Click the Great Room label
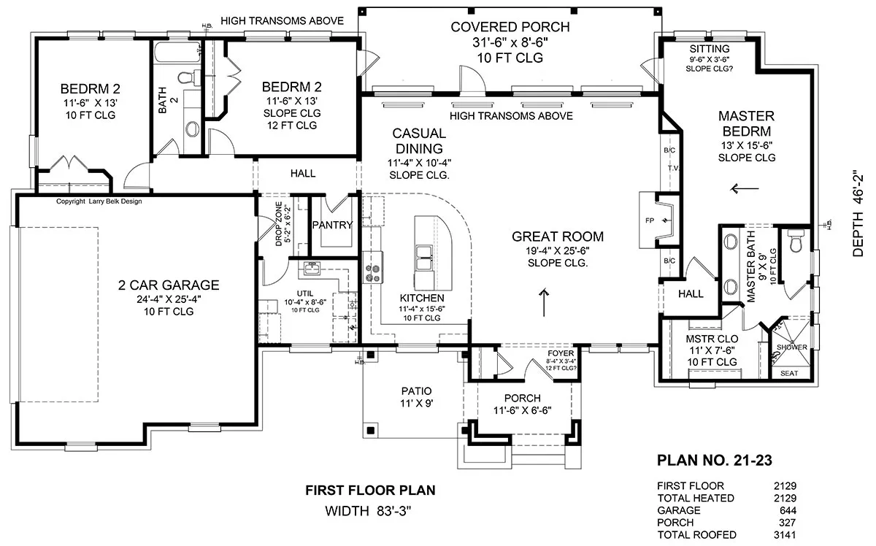(558, 237)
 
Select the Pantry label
(332, 225)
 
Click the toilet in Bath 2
(188, 77)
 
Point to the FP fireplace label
(650, 220)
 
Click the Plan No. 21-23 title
(715, 461)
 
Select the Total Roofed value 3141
(785, 534)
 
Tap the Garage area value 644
(788, 510)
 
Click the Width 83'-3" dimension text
(369, 511)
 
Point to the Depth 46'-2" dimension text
(858, 214)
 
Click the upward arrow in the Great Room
(544, 302)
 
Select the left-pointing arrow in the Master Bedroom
(745, 189)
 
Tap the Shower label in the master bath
(791, 347)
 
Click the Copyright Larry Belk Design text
(99, 201)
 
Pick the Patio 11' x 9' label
(417, 397)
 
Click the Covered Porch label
(510, 27)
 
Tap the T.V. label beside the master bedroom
(673, 168)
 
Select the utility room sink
(312, 269)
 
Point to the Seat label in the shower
(789, 374)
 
